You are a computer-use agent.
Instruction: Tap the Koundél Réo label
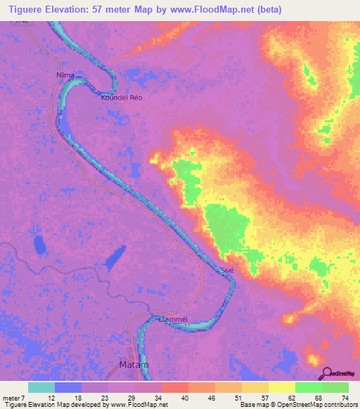pyautogui.click(x=122, y=98)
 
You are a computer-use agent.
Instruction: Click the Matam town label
pyautogui.click(x=131, y=365)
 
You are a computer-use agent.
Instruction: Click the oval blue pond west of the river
pyautogui.click(x=38, y=245)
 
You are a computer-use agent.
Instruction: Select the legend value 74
pyautogui.click(x=345, y=398)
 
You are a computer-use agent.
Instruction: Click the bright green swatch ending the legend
pyautogui.click(x=335, y=387)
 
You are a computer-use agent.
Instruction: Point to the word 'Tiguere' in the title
pyautogui.click(x=22, y=9)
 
